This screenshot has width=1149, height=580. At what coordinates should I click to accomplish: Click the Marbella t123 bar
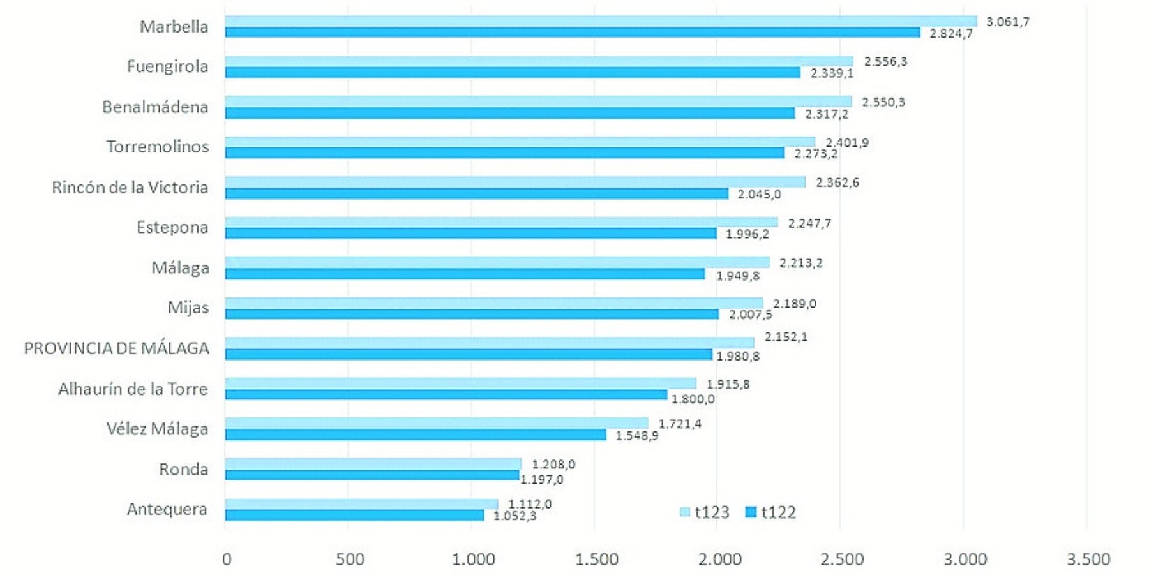tap(600, 21)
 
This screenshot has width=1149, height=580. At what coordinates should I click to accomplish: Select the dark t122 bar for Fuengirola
tap(512, 73)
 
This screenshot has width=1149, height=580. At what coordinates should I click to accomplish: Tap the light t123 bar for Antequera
tap(361, 504)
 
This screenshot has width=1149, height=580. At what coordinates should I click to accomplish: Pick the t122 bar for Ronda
tap(372, 475)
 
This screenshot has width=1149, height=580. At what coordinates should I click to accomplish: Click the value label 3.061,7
tap(1007, 22)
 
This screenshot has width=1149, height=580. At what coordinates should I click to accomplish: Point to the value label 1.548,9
tap(636, 436)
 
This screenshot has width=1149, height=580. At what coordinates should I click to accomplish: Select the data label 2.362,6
tap(837, 182)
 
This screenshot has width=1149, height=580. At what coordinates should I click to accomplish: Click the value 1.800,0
tap(693, 399)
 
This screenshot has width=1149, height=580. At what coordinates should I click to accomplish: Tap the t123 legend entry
tap(705, 512)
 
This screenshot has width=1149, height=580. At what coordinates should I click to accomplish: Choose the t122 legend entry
tap(771, 512)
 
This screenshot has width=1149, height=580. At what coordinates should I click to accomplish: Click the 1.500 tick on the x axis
tap(596, 560)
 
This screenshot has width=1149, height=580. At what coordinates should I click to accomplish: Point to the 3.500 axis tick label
tap(1088, 560)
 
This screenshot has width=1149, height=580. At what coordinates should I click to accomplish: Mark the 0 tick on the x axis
tap(227, 560)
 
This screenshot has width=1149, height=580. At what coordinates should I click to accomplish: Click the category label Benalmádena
tap(155, 107)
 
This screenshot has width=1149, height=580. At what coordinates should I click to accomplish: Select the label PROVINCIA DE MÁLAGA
tap(117, 348)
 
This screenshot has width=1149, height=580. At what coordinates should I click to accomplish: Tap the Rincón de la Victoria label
tap(130, 188)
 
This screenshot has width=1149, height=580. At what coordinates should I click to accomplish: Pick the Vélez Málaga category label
tap(157, 429)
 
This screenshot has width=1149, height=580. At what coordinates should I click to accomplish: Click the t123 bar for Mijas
tap(493, 303)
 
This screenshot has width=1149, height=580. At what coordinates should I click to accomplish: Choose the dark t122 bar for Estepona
tap(470, 234)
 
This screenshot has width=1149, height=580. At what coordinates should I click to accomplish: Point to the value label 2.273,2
tap(815, 154)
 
